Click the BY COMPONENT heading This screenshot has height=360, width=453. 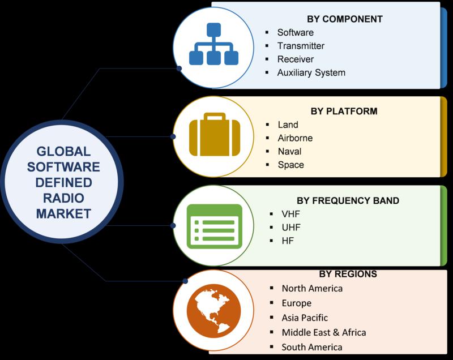click(x=345, y=19)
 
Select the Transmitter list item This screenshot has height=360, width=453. click(x=301, y=46)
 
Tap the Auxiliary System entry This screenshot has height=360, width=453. click(x=311, y=72)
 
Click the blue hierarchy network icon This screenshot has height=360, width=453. click(x=214, y=44)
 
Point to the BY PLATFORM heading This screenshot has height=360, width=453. click(x=344, y=111)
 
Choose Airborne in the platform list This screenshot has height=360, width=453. click(x=295, y=138)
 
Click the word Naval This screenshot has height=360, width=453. click(x=289, y=151)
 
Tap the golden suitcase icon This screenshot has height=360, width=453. click(x=215, y=134)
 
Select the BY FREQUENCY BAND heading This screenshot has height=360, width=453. click(x=348, y=200)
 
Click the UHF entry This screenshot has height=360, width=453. click(x=291, y=228)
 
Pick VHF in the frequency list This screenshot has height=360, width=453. click(x=290, y=214)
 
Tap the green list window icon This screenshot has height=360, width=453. click(x=215, y=226)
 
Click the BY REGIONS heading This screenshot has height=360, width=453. click(x=348, y=274)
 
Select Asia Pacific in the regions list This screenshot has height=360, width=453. click(x=305, y=318)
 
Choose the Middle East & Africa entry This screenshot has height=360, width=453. click(x=324, y=332)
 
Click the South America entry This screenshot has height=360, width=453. click(x=312, y=347)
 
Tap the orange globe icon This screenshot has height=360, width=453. click(x=214, y=311)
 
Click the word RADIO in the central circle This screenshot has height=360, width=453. click(x=63, y=198)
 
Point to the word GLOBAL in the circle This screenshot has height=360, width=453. click(x=63, y=152)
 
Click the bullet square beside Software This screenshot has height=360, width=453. click(x=267, y=32)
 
